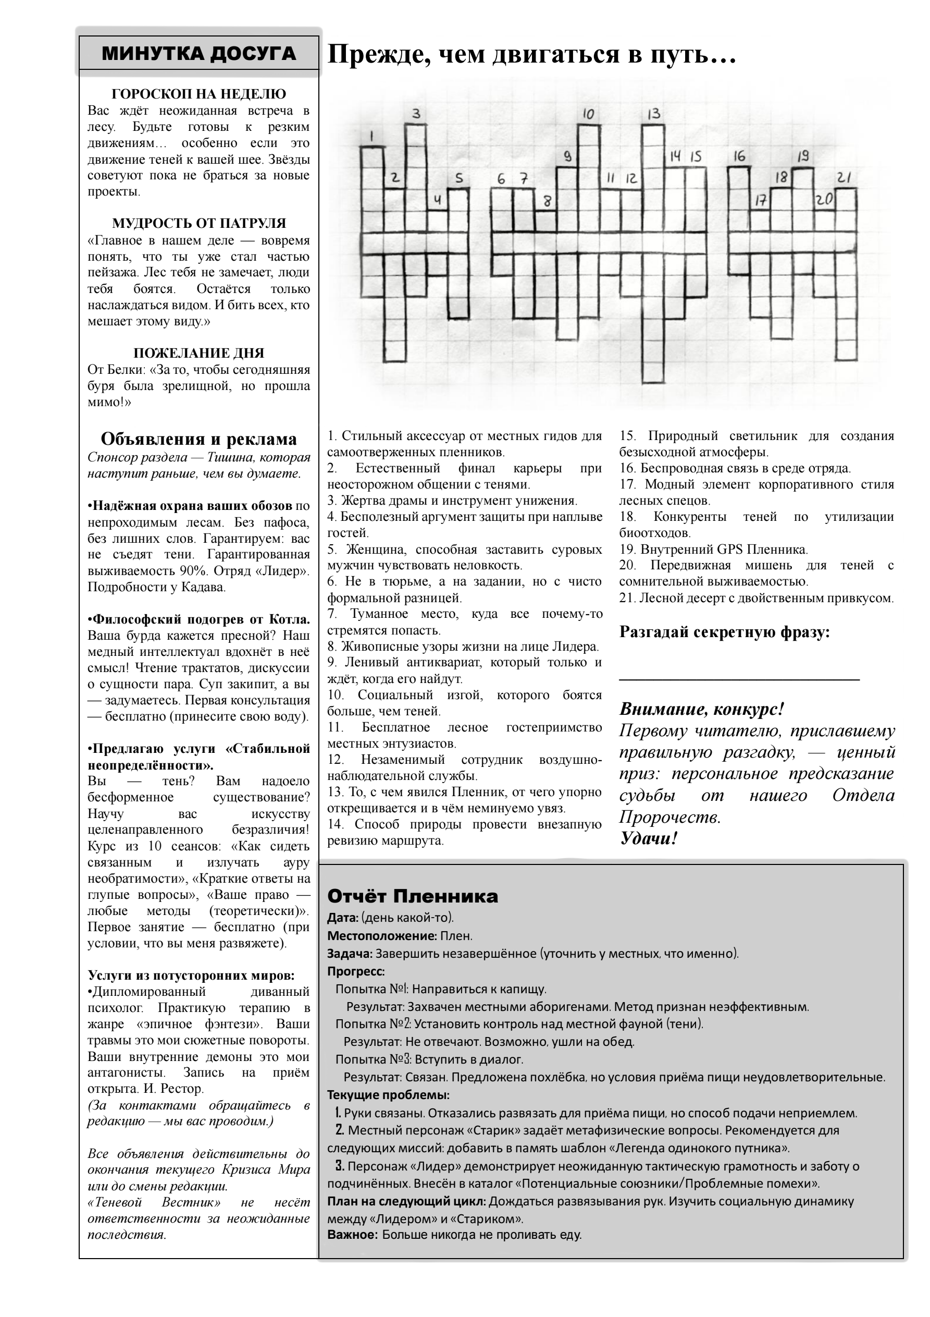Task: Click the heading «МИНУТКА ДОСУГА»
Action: click(x=199, y=54)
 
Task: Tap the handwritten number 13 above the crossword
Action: click(x=654, y=114)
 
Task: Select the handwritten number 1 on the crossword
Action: click(x=372, y=136)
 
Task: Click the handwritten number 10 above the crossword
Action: click(x=588, y=114)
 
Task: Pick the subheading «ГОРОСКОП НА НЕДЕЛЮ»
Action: click(x=199, y=94)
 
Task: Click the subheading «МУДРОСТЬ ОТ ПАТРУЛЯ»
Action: click(x=199, y=223)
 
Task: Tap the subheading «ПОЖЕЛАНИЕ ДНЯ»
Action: click(x=199, y=353)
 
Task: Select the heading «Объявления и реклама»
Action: click(x=199, y=439)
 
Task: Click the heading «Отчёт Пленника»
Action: click(x=412, y=896)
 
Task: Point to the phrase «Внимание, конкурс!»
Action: click(x=701, y=709)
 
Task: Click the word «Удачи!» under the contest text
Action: click(x=649, y=838)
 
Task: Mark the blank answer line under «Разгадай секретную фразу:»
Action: click(x=739, y=679)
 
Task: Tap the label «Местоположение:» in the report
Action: click(x=382, y=936)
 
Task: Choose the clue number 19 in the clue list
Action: click(x=627, y=550)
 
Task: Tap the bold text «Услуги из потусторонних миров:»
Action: click(x=191, y=975)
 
